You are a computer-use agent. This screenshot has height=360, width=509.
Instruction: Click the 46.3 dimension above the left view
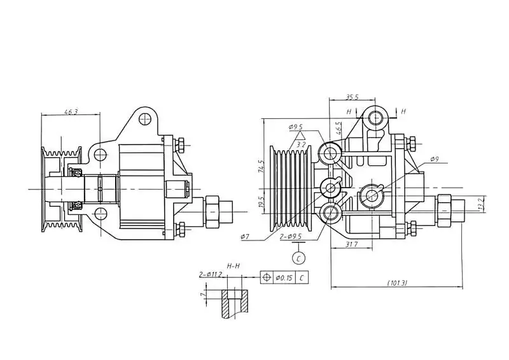pos(71,112)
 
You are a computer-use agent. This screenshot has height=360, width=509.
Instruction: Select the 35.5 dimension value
pos(352,97)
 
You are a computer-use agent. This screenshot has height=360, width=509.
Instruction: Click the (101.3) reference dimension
pos(396,282)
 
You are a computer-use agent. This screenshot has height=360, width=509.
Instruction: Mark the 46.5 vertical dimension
pos(340,128)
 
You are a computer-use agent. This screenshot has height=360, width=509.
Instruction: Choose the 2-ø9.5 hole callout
pos(290,236)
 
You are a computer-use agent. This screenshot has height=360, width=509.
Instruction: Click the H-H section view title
pos(234,265)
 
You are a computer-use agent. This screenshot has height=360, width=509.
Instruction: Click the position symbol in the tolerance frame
pos(267,278)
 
